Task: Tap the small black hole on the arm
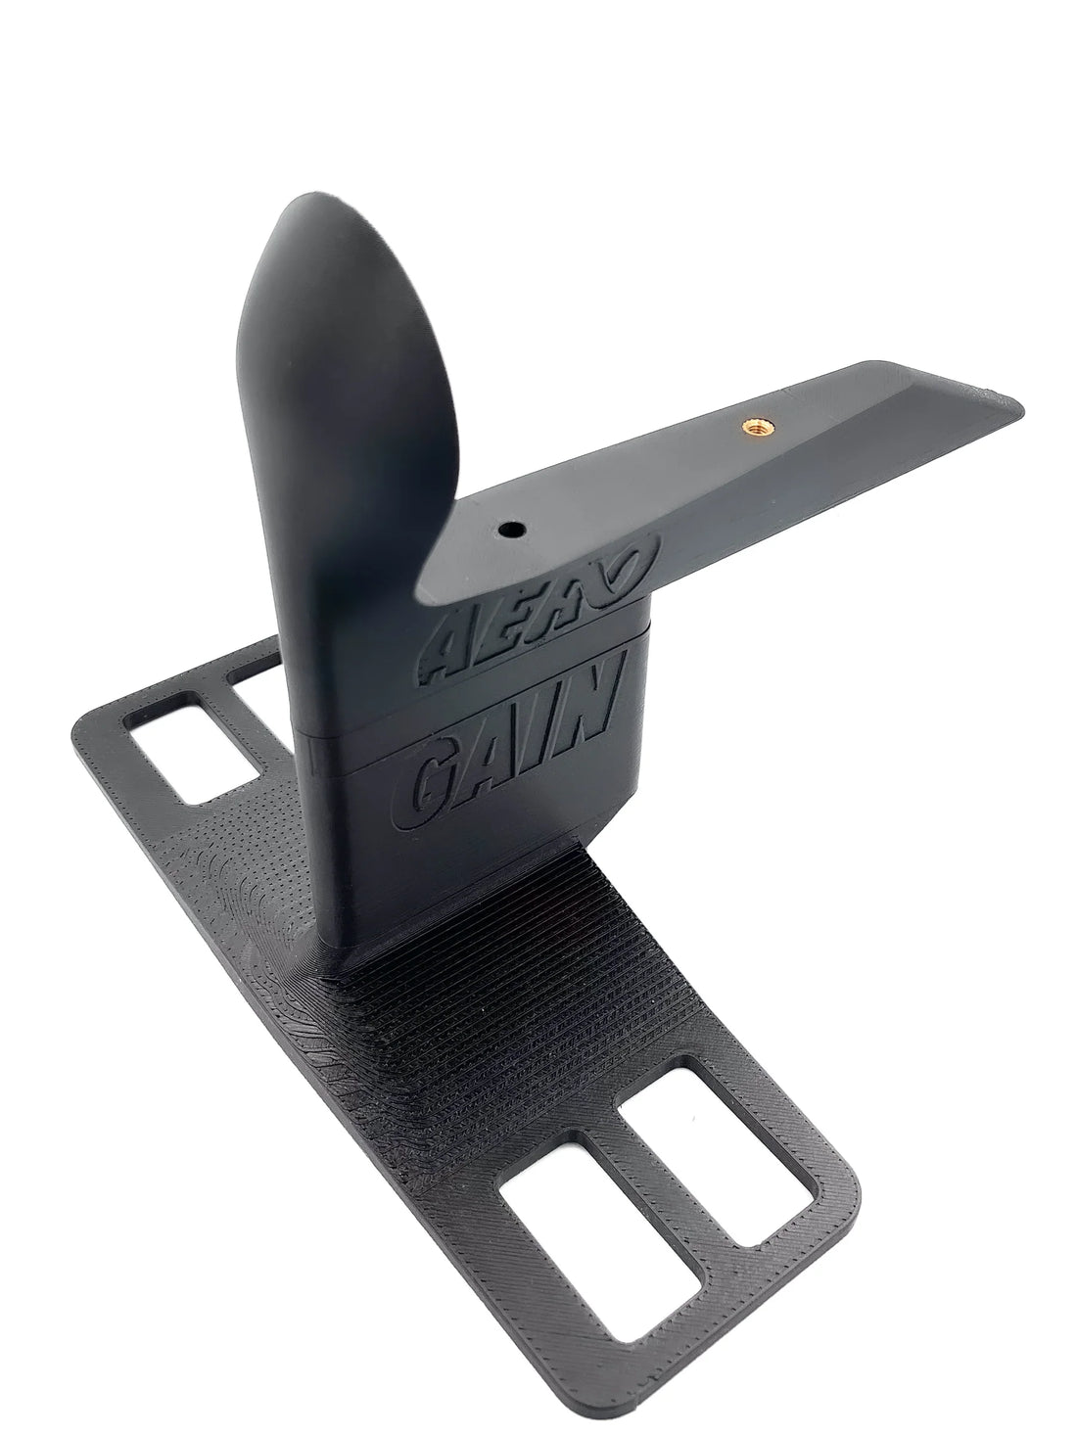tap(509, 530)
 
